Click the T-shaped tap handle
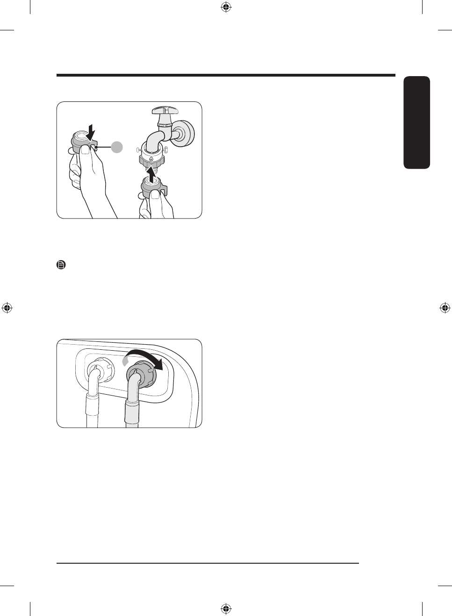coord(165,111)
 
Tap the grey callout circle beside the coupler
coord(117,147)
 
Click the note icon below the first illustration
coord(61,265)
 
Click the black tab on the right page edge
coord(416,122)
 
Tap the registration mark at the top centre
coord(226,7)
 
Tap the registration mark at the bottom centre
coord(226,609)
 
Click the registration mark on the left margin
coord(7,308)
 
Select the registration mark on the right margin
coord(445,308)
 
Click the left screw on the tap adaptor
coord(138,150)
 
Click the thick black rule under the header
coord(226,75)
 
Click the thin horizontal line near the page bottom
coord(208,563)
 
